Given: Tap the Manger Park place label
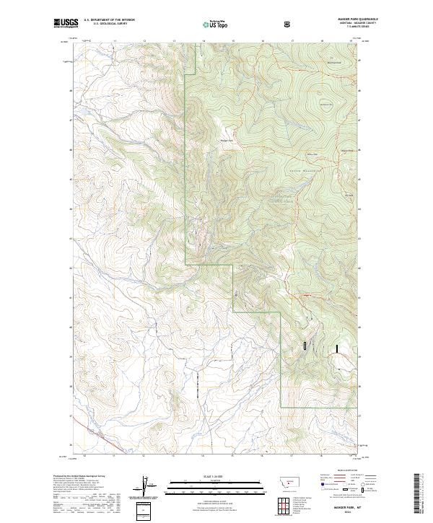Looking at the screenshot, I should [x=227, y=140].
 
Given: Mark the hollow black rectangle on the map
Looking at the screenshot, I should [x=305, y=346].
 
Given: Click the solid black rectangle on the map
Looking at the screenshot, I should [x=336, y=348].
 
